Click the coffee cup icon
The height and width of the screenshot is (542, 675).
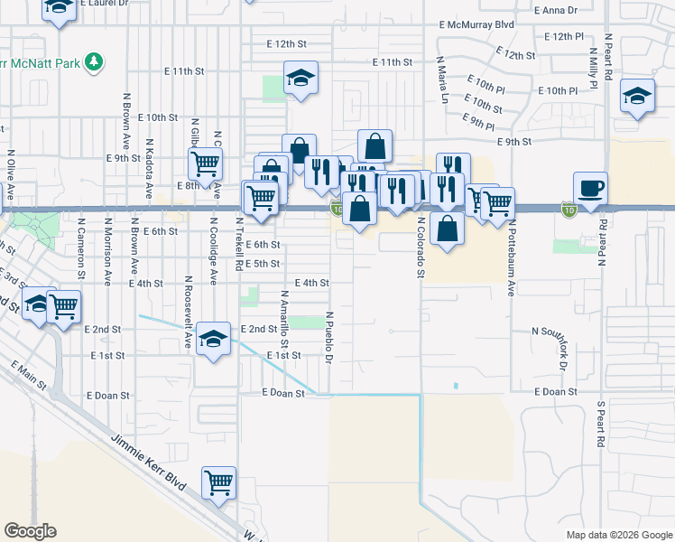pyautogui.click(x=590, y=189)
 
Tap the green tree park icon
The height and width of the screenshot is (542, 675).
pyautogui.click(x=93, y=62)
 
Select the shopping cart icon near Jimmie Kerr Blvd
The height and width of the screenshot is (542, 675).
pyautogui.click(x=219, y=483)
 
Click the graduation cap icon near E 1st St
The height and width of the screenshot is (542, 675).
pyautogui.click(x=213, y=339)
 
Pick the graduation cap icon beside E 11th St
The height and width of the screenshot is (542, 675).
pyautogui.click(x=301, y=79)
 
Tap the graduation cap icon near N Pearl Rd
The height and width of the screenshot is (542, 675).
pyautogui.click(x=637, y=97)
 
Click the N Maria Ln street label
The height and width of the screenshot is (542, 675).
pyautogui.click(x=442, y=82)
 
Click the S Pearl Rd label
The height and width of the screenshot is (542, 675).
pyautogui.click(x=599, y=425)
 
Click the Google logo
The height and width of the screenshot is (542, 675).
pyautogui.click(x=30, y=531)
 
